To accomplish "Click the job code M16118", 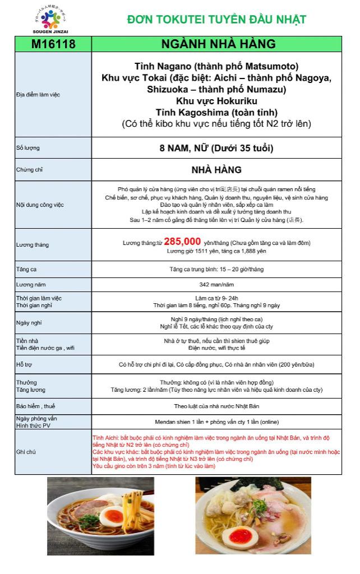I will tap(53, 44).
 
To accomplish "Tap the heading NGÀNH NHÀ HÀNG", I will tap(218, 44).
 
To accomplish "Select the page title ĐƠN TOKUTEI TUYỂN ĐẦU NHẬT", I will tap(216, 20).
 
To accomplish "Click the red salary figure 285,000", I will tap(183, 242).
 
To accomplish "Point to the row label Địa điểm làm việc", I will tap(38, 94).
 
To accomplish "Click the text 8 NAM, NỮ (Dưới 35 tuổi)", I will tap(216, 149).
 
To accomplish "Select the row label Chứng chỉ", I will tap(29, 169).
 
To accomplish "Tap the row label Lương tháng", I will tap(33, 245).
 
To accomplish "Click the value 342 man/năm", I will tap(217, 285).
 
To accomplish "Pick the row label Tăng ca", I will tap(26, 270).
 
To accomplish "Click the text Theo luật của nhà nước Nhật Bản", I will tap(217, 406).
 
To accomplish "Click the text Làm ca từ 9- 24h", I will tap(217, 297).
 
